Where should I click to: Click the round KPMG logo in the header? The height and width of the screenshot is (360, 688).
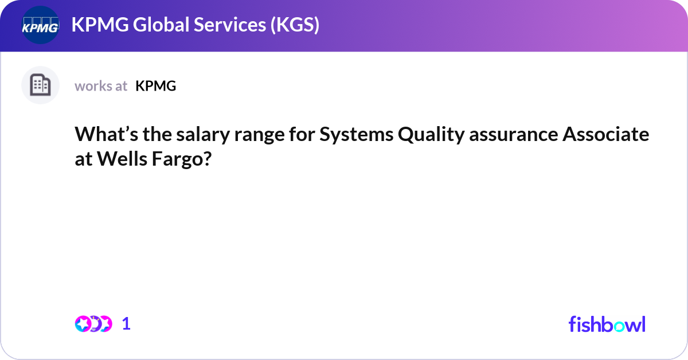pos(40,25)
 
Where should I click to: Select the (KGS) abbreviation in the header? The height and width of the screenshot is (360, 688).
pos(295,25)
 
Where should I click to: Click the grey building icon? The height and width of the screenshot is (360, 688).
pos(40,85)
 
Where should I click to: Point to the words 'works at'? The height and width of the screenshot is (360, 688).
pos(101,86)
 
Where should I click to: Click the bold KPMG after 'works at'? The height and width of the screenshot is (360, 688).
pos(156,86)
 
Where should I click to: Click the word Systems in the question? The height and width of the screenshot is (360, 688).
pos(356,135)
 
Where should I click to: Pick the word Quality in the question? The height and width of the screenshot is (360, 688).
pos(431,135)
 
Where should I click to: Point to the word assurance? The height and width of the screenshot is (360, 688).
pos(514,135)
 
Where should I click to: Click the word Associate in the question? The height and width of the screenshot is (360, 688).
pos(605,134)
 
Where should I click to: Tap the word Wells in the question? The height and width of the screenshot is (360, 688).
pos(122,159)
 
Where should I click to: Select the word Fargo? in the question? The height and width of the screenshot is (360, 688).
pos(182,160)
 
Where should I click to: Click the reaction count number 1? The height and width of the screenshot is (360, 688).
pos(126,324)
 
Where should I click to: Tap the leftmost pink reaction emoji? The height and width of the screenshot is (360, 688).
pos(83,324)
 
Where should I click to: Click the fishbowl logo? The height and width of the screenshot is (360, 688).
pos(607,324)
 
